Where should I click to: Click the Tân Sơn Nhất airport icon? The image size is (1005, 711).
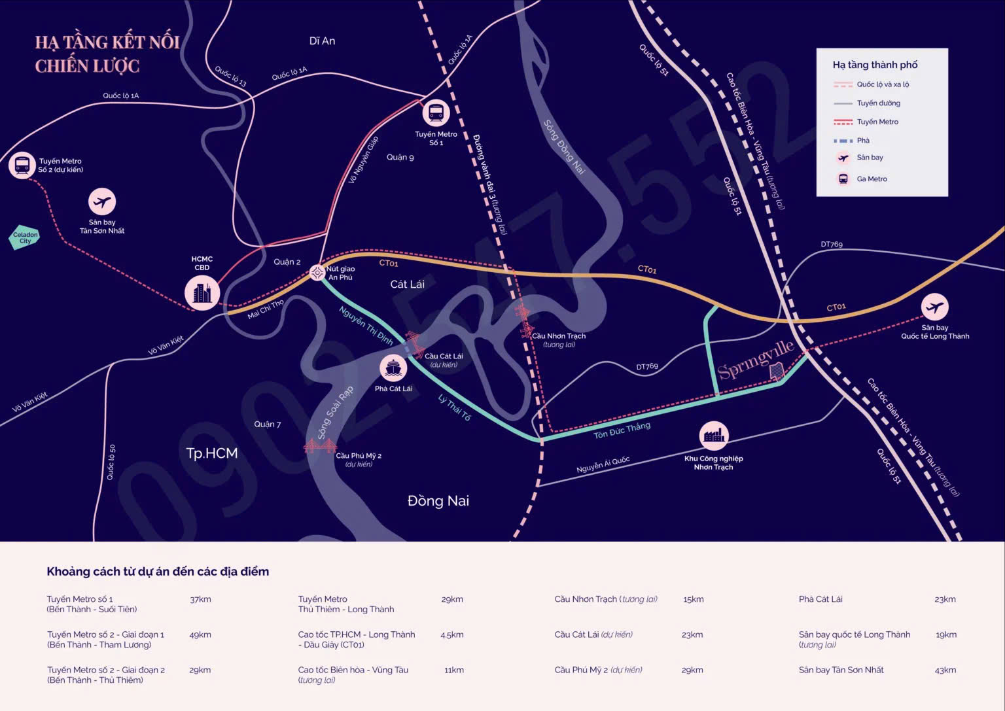click(x=102, y=202)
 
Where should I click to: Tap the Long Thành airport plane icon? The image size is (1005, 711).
click(x=934, y=307)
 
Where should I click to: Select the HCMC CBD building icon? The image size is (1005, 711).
click(x=202, y=294)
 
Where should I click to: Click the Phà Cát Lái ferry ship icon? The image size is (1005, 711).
click(x=393, y=368)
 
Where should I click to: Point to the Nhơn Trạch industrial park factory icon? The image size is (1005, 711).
click(x=713, y=436)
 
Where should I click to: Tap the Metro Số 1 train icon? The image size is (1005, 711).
click(x=436, y=113)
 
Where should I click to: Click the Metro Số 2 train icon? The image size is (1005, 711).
click(x=22, y=165)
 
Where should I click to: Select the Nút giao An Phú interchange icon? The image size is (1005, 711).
click(x=317, y=272)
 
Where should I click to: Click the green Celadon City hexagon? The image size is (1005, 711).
click(x=24, y=237)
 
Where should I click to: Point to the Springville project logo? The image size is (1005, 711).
click(x=756, y=360)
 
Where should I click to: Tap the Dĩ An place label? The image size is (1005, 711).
click(x=322, y=41)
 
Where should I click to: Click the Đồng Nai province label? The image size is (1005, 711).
click(x=438, y=500)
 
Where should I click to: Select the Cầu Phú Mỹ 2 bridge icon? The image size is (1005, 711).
click(x=320, y=446)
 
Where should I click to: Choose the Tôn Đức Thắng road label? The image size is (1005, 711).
click(x=622, y=430)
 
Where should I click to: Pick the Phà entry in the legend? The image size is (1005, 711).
click(x=851, y=141)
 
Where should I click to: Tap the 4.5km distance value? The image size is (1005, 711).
click(x=452, y=634)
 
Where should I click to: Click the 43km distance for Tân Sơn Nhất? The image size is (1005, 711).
click(x=945, y=670)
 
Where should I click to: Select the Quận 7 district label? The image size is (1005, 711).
click(x=268, y=425)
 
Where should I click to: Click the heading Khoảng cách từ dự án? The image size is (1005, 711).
click(x=158, y=572)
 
